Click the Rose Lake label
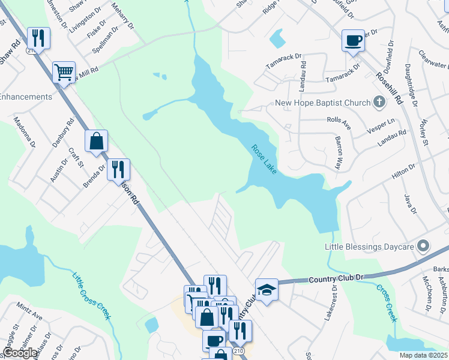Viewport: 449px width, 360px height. coord(264,160)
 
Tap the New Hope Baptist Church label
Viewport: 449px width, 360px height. coord(322,103)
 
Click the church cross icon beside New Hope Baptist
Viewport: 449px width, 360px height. coord(379,103)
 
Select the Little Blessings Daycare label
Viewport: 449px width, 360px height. coord(369,247)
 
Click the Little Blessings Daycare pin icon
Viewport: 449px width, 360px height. coord(423,247)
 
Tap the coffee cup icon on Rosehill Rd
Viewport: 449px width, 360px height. coord(353,41)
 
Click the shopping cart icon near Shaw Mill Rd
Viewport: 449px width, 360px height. coord(63,73)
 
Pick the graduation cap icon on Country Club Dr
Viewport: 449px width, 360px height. coord(267,290)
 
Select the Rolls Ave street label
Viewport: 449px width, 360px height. coord(339,119)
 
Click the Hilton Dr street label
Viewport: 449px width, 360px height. coord(403,171)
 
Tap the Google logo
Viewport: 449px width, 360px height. coord(20,353)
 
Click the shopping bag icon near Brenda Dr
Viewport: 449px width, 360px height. coord(96,142)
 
